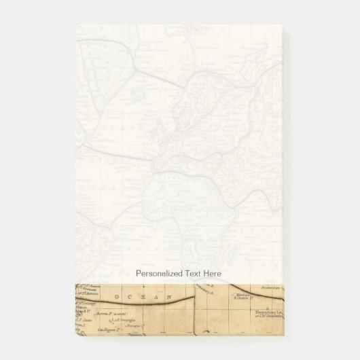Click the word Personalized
tap(160, 272)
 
